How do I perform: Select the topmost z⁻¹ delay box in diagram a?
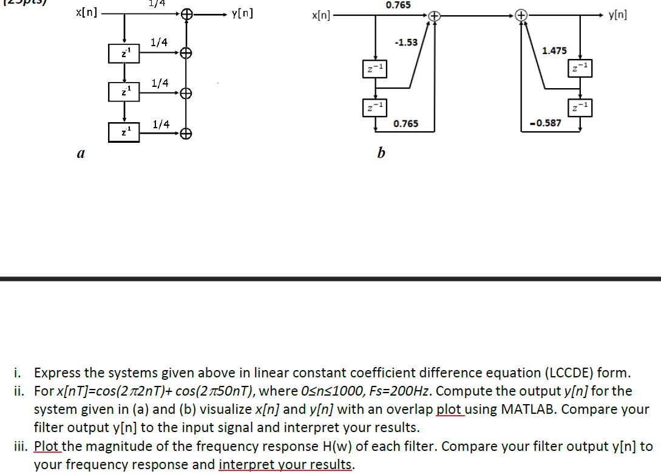click(x=124, y=53)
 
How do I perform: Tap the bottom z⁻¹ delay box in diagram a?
click(x=124, y=131)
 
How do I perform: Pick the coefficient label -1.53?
click(x=405, y=43)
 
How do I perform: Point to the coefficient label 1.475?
click(x=554, y=52)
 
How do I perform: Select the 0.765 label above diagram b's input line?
click(x=398, y=5)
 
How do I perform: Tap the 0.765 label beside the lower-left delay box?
click(x=405, y=124)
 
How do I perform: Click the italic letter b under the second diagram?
click(x=381, y=154)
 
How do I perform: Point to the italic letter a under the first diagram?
click(x=80, y=154)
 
